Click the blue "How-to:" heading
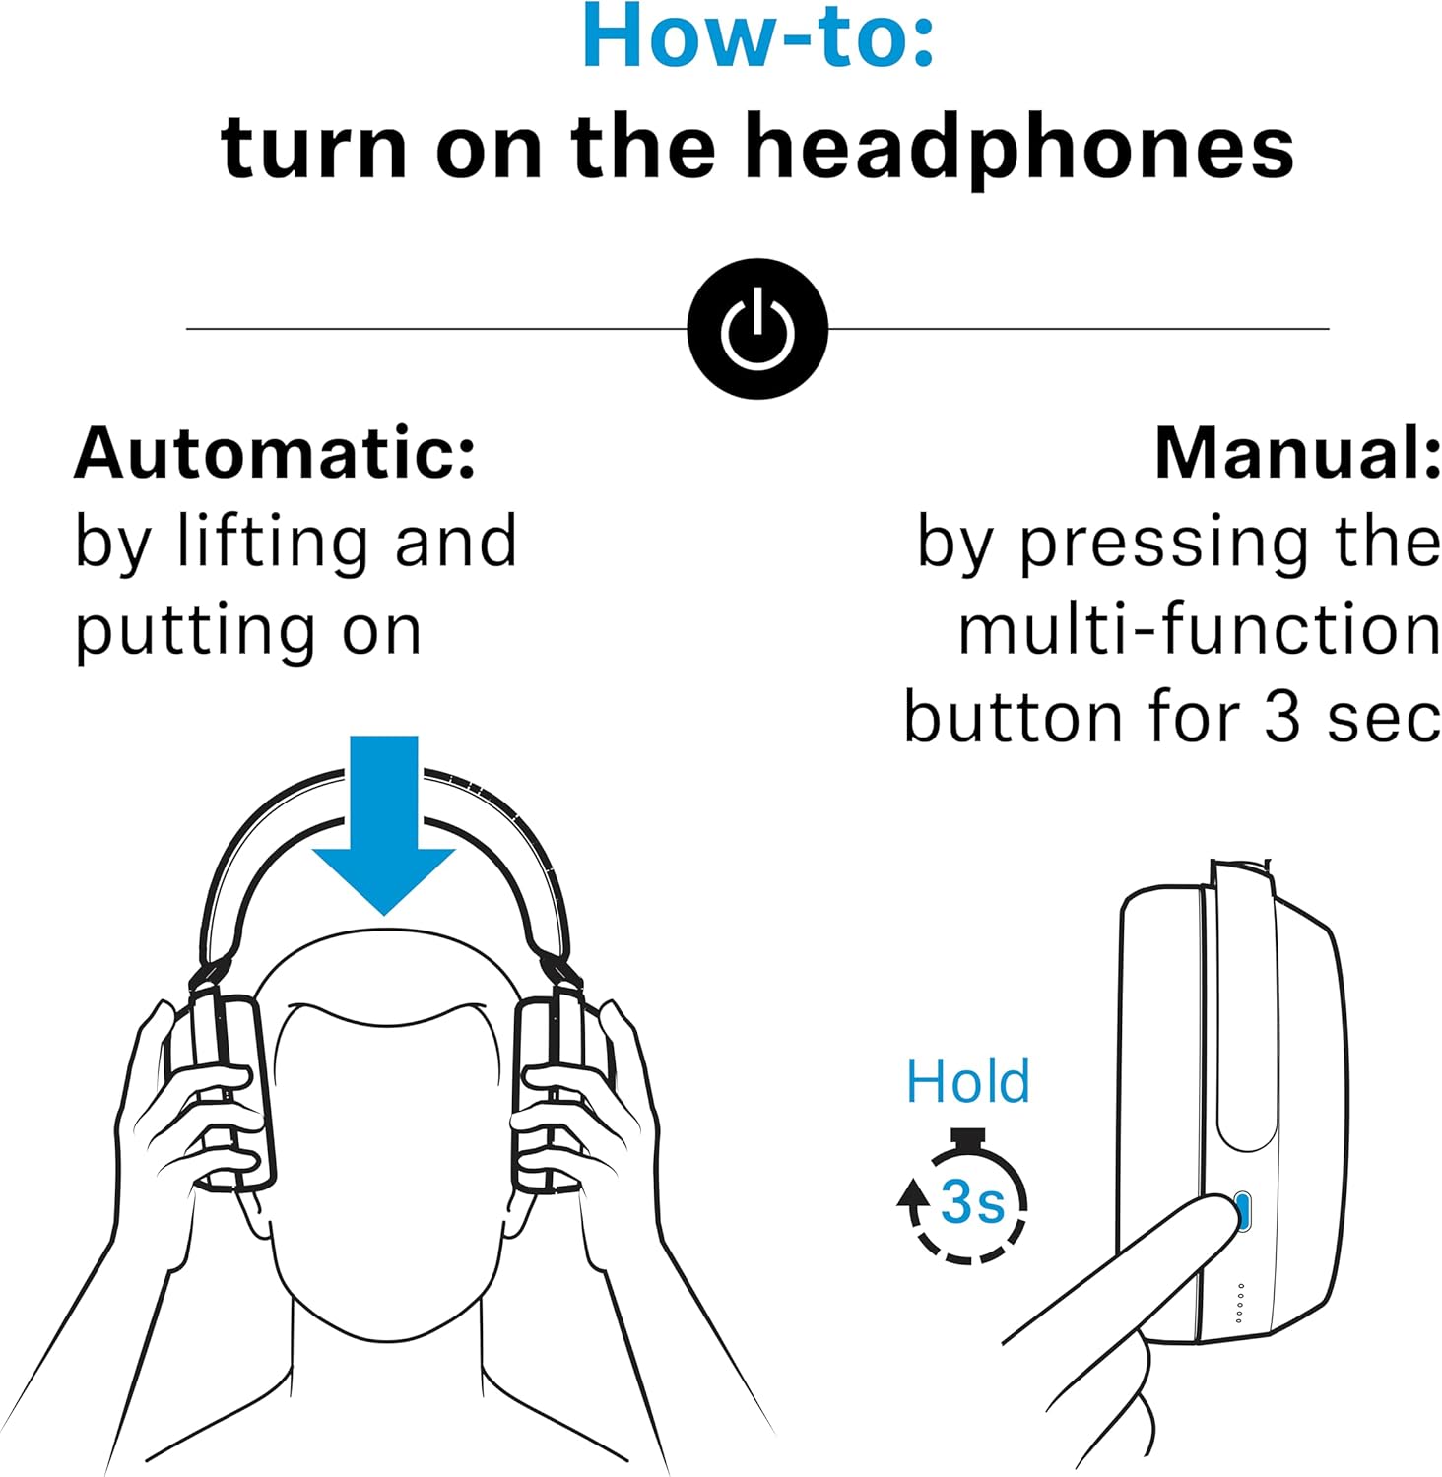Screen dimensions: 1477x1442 coord(756,37)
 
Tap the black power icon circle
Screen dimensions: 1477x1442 coord(756,329)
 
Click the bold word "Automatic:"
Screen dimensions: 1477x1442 coord(276,454)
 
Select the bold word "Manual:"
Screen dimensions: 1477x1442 coord(1297,454)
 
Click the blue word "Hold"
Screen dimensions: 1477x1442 coord(967,1081)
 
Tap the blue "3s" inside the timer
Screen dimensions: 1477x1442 coord(971,1201)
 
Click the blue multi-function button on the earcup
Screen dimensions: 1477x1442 coord(1242,1211)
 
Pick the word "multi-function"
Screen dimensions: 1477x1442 coord(1199,630)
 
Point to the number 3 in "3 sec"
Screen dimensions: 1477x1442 coord(1282,717)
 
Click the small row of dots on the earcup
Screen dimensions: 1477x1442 coord(1239,1303)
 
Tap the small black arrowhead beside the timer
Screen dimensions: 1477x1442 coord(913,1193)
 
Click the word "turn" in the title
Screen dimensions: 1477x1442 coord(313,148)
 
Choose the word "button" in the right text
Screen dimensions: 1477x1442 coord(1013,717)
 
